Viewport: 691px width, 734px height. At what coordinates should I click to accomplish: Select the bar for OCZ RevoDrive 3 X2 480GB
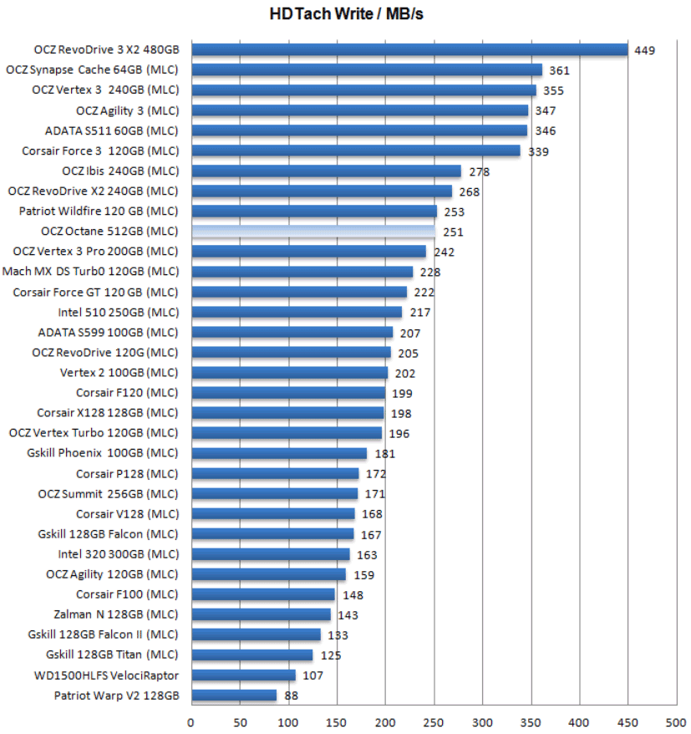tap(409, 50)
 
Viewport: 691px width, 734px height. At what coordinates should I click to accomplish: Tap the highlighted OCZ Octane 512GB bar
tap(312, 232)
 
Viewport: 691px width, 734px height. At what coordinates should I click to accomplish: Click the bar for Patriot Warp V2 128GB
tap(233, 695)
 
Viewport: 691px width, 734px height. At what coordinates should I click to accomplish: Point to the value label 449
tap(644, 50)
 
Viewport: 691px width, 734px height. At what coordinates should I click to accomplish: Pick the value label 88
tap(292, 695)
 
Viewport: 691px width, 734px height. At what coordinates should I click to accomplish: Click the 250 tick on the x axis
tap(434, 721)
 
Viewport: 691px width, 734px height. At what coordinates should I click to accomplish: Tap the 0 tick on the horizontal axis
tap(191, 721)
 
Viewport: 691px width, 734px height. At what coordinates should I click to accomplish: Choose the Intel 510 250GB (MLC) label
tap(118, 312)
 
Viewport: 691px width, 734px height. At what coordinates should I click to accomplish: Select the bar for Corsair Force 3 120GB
tap(355, 150)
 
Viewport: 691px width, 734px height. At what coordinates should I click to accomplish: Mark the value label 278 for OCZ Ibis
tap(479, 171)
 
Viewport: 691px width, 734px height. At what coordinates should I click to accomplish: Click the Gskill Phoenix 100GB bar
tap(279, 453)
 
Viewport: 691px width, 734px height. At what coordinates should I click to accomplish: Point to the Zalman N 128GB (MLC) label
tap(116, 614)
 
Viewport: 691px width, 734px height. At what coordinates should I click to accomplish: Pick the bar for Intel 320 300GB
tap(270, 553)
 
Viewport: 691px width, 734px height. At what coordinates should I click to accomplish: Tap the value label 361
tap(559, 70)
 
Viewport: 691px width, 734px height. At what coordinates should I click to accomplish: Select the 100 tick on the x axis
tap(288, 721)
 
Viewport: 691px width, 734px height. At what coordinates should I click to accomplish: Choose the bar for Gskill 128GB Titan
tap(252, 655)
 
